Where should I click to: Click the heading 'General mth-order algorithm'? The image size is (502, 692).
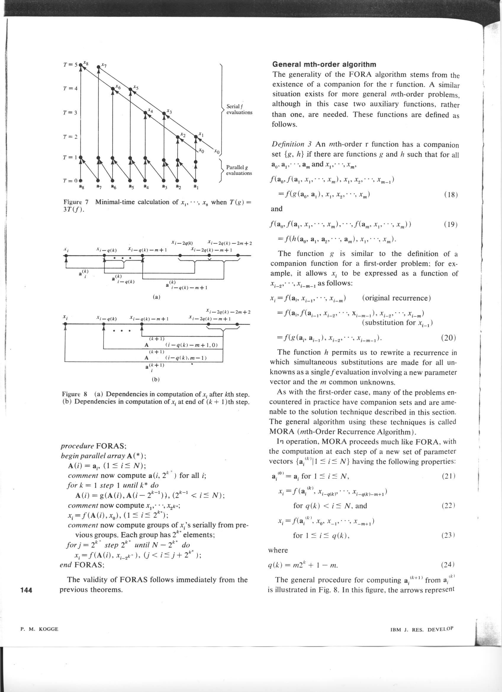pyautogui.click(x=324, y=64)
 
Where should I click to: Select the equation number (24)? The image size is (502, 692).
pyautogui.click(x=448, y=565)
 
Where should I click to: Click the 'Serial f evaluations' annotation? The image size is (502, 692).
pyautogui.click(x=239, y=109)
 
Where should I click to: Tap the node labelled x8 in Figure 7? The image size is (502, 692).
pyautogui.click(x=81, y=65)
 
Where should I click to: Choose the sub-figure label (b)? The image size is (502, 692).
pyautogui.click(x=156, y=380)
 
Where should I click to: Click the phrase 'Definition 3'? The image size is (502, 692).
pyautogui.click(x=292, y=144)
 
